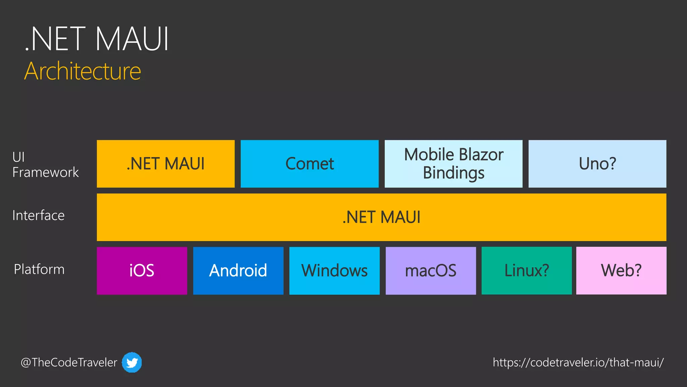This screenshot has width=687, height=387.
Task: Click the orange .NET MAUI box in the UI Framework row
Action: pyautogui.click(x=165, y=164)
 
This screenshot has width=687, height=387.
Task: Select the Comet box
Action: pyautogui.click(x=309, y=164)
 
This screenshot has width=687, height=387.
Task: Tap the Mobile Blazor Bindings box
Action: pyautogui.click(x=453, y=164)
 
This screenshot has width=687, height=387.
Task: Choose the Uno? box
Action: pyautogui.click(x=597, y=164)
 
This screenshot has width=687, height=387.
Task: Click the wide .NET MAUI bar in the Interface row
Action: pyautogui.click(x=381, y=217)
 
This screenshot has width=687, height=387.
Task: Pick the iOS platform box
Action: pyautogui.click(x=142, y=270)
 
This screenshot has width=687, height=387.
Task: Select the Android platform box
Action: pyautogui.click(x=238, y=270)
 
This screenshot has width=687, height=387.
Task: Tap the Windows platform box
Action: pyautogui.click(x=334, y=270)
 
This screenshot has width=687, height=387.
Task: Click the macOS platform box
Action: pyautogui.click(x=431, y=270)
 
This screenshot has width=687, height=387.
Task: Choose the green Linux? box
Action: pyautogui.click(x=527, y=270)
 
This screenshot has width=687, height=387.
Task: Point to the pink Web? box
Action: pyautogui.click(x=621, y=270)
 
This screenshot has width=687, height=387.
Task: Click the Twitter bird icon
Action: pyautogui.click(x=131, y=362)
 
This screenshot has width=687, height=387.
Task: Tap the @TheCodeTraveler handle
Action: pyautogui.click(x=69, y=362)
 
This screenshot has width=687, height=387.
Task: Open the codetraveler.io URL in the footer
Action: pyautogui.click(x=578, y=362)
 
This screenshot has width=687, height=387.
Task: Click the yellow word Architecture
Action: pyautogui.click(x=83, y=71)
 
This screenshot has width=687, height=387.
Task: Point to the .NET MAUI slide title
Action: pyautogui.click(x=97, y=39)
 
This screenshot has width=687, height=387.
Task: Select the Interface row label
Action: pyautogui.click(x=38, y=215)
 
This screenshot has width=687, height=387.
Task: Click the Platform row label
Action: pyautogui.click(x=39, y=269)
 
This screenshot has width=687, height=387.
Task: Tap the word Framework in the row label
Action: pyautogui.click(x=45, y=172)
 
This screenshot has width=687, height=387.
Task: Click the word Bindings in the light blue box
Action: pyautogui.click(x=454, y=173)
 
